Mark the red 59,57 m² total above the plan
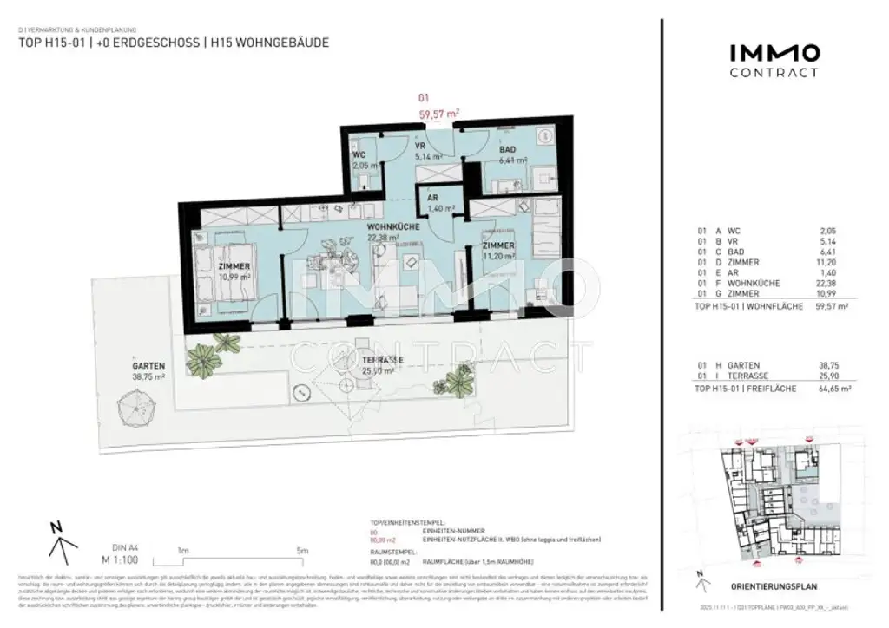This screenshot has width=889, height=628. coord(438,112)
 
